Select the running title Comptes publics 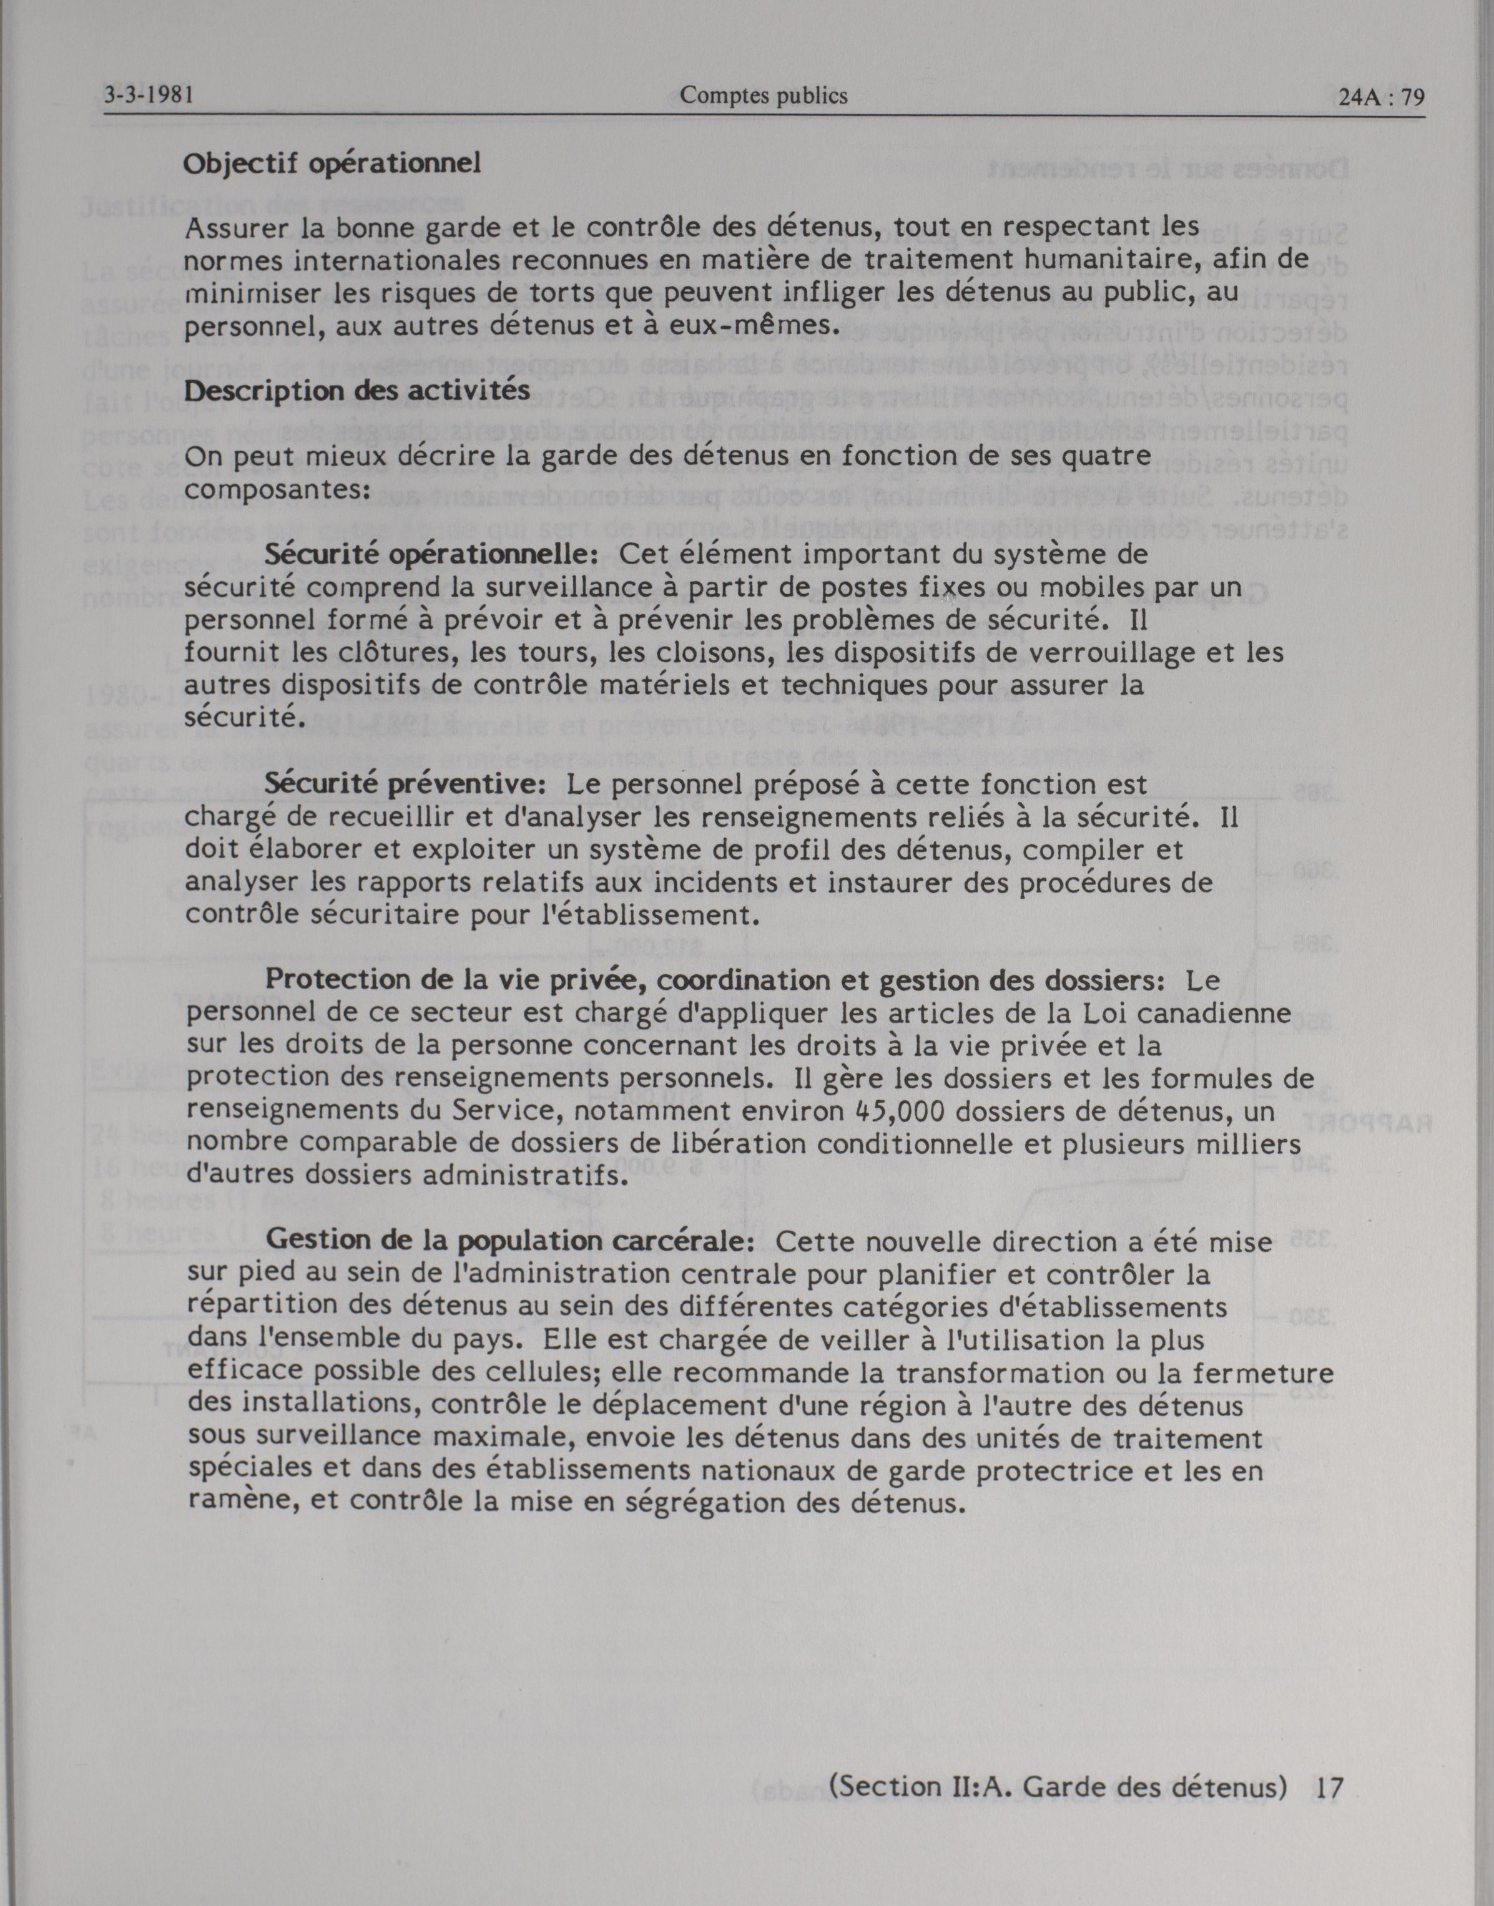point(763,95)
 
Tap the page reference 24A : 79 point(1381,98)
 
